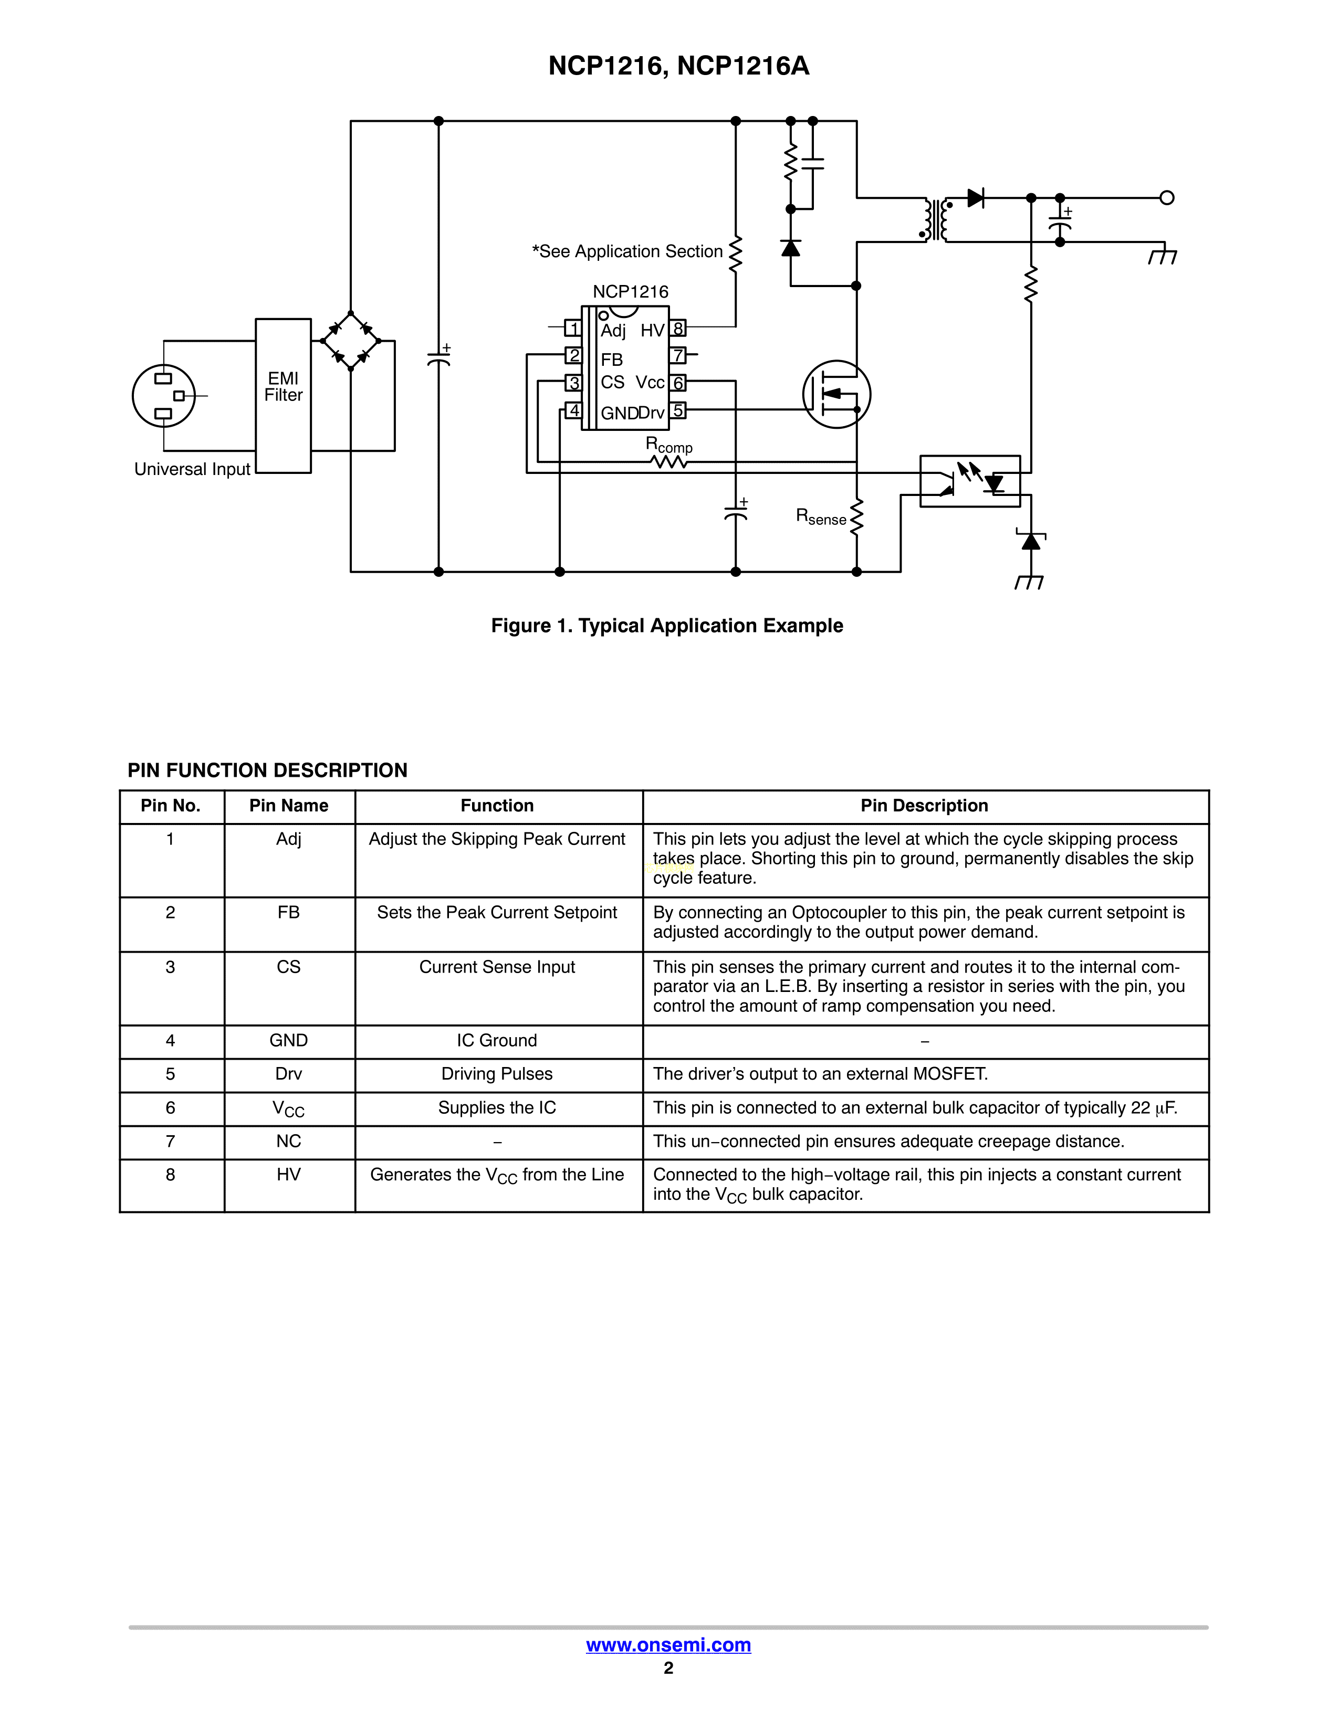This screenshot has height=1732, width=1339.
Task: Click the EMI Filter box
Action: pyautogui.click(x=283, y=396)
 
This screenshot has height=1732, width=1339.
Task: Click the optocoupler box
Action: pyautogui.click(x=969, y=481)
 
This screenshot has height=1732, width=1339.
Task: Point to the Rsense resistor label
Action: pyautogui.click(x=821, y=517)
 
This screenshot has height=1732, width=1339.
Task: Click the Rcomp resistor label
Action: pyautogui.click(x=668, y=445)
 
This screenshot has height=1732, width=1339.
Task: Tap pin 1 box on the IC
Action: pyautogui.click(x=573, y=328)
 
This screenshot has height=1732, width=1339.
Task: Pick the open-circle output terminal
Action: pyautogui.click(x=1166, y=197)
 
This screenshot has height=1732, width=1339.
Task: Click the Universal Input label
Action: pyautogui.click(x=192, y=470)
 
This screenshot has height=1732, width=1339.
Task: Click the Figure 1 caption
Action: pyautogui.click(x=667, y=626)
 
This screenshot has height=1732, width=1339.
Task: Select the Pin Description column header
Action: pyautogui.click(x=924, y=806)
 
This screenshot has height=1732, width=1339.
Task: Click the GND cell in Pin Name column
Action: pyautogui.click(x=289, y=1040)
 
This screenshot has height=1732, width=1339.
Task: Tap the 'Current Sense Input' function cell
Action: pyautogui.click(x=497, y=967)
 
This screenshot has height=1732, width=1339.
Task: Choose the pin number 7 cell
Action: pyautogui.click(x=171, y=1141)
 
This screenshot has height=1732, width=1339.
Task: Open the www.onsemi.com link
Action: pyautogui.click(x=668, y=1645)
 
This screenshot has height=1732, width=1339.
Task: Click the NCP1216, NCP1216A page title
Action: pyautogui.click(x=679, y=66)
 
